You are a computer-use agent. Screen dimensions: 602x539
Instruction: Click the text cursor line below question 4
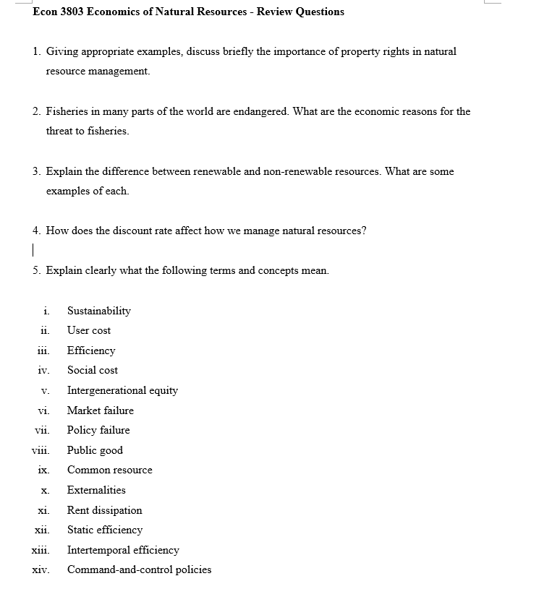33,250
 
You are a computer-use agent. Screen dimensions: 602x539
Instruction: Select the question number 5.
36,270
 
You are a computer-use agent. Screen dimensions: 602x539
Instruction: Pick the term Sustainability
99,311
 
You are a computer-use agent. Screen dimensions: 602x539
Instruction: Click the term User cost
89,330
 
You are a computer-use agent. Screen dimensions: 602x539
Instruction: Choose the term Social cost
93,370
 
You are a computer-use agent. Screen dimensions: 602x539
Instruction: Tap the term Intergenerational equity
122,390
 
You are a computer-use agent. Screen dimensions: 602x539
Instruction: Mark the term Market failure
101,410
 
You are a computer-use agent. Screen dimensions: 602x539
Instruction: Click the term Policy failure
98,430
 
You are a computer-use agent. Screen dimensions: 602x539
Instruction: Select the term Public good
95,450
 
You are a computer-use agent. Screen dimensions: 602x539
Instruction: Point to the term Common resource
110,470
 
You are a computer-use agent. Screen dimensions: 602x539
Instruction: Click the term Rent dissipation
105,510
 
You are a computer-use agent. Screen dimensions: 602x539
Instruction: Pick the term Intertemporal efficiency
123,550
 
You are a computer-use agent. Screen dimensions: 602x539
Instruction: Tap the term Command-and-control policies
140,569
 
